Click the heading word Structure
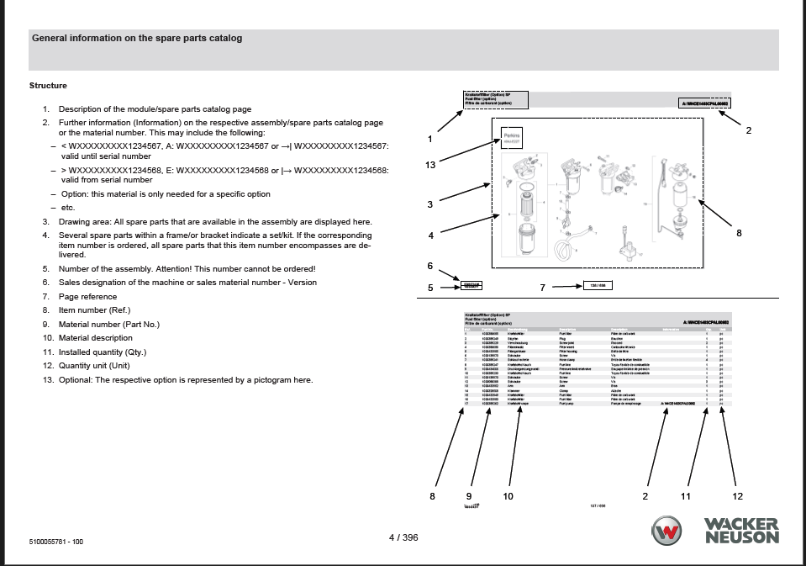48,86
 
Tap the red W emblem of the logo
668,532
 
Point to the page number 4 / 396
403,537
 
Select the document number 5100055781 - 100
56,542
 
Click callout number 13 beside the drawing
430,165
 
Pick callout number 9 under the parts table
469,496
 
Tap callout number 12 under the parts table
737,496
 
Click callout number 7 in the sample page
543,288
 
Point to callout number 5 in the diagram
430,288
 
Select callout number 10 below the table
508,496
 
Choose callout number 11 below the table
685,496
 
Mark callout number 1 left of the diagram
429,139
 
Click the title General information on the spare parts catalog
137,38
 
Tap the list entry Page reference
87,297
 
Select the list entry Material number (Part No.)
108,325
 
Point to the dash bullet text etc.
68,208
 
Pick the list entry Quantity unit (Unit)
94,366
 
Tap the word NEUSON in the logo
742,537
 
